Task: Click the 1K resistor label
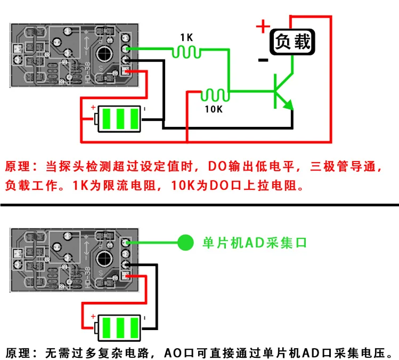[186, 38]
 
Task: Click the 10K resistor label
[213, 109]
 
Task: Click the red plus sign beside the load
[262, 26]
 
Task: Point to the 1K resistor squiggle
[186, 52]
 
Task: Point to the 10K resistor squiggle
[215, 95]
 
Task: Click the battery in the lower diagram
[120, 327]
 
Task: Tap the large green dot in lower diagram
[185, 243]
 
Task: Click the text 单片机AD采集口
[255, 243]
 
